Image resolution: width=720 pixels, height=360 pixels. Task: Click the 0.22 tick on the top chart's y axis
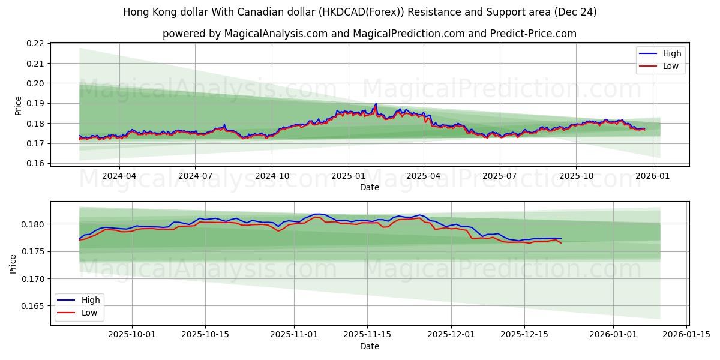pos(36,43)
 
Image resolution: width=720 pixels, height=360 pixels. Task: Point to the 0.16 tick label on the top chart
pos(36,163)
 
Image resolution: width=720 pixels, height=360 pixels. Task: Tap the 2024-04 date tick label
pos(119,176)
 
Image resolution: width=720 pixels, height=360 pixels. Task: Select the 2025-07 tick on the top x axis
pos(500,176)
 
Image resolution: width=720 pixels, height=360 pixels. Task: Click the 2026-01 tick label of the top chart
pos(652,176)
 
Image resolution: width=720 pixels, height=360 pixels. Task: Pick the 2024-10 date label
pos(272,176)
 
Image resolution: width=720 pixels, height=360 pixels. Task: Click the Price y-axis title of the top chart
pos(18,106)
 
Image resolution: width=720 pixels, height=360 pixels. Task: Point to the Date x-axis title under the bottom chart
pos(370,346)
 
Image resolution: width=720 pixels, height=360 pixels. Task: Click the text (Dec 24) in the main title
pos(575,12)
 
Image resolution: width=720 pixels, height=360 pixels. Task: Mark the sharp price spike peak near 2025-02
pos(376,104)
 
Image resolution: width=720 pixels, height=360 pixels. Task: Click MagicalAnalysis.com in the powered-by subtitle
pos(271,34)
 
